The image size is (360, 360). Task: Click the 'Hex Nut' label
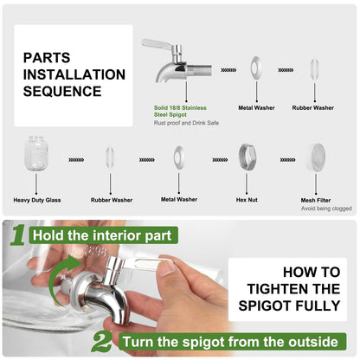coord(247,200)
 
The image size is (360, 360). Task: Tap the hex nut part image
coord(247,157)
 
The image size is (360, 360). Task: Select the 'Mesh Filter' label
coord(316,200)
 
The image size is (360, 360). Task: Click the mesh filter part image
coord(315,157)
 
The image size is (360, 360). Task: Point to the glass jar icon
coord(36,152)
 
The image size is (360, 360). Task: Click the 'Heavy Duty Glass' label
coord(37,200)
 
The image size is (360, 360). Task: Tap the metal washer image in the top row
coord(256,68)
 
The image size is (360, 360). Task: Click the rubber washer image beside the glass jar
coord(110,157)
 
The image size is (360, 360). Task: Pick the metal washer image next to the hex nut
coord(179,158)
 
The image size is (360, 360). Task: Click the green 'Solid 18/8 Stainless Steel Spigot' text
coord(180,111)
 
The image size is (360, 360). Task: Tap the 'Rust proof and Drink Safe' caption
coord(186,123)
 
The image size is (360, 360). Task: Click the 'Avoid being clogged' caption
coord(326,209)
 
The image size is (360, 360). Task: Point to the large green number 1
coord(18,235)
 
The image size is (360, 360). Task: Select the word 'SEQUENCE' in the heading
coord(62,91)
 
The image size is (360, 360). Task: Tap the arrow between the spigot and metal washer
coord(228,70)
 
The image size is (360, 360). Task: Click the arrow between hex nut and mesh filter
coord(287,159)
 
